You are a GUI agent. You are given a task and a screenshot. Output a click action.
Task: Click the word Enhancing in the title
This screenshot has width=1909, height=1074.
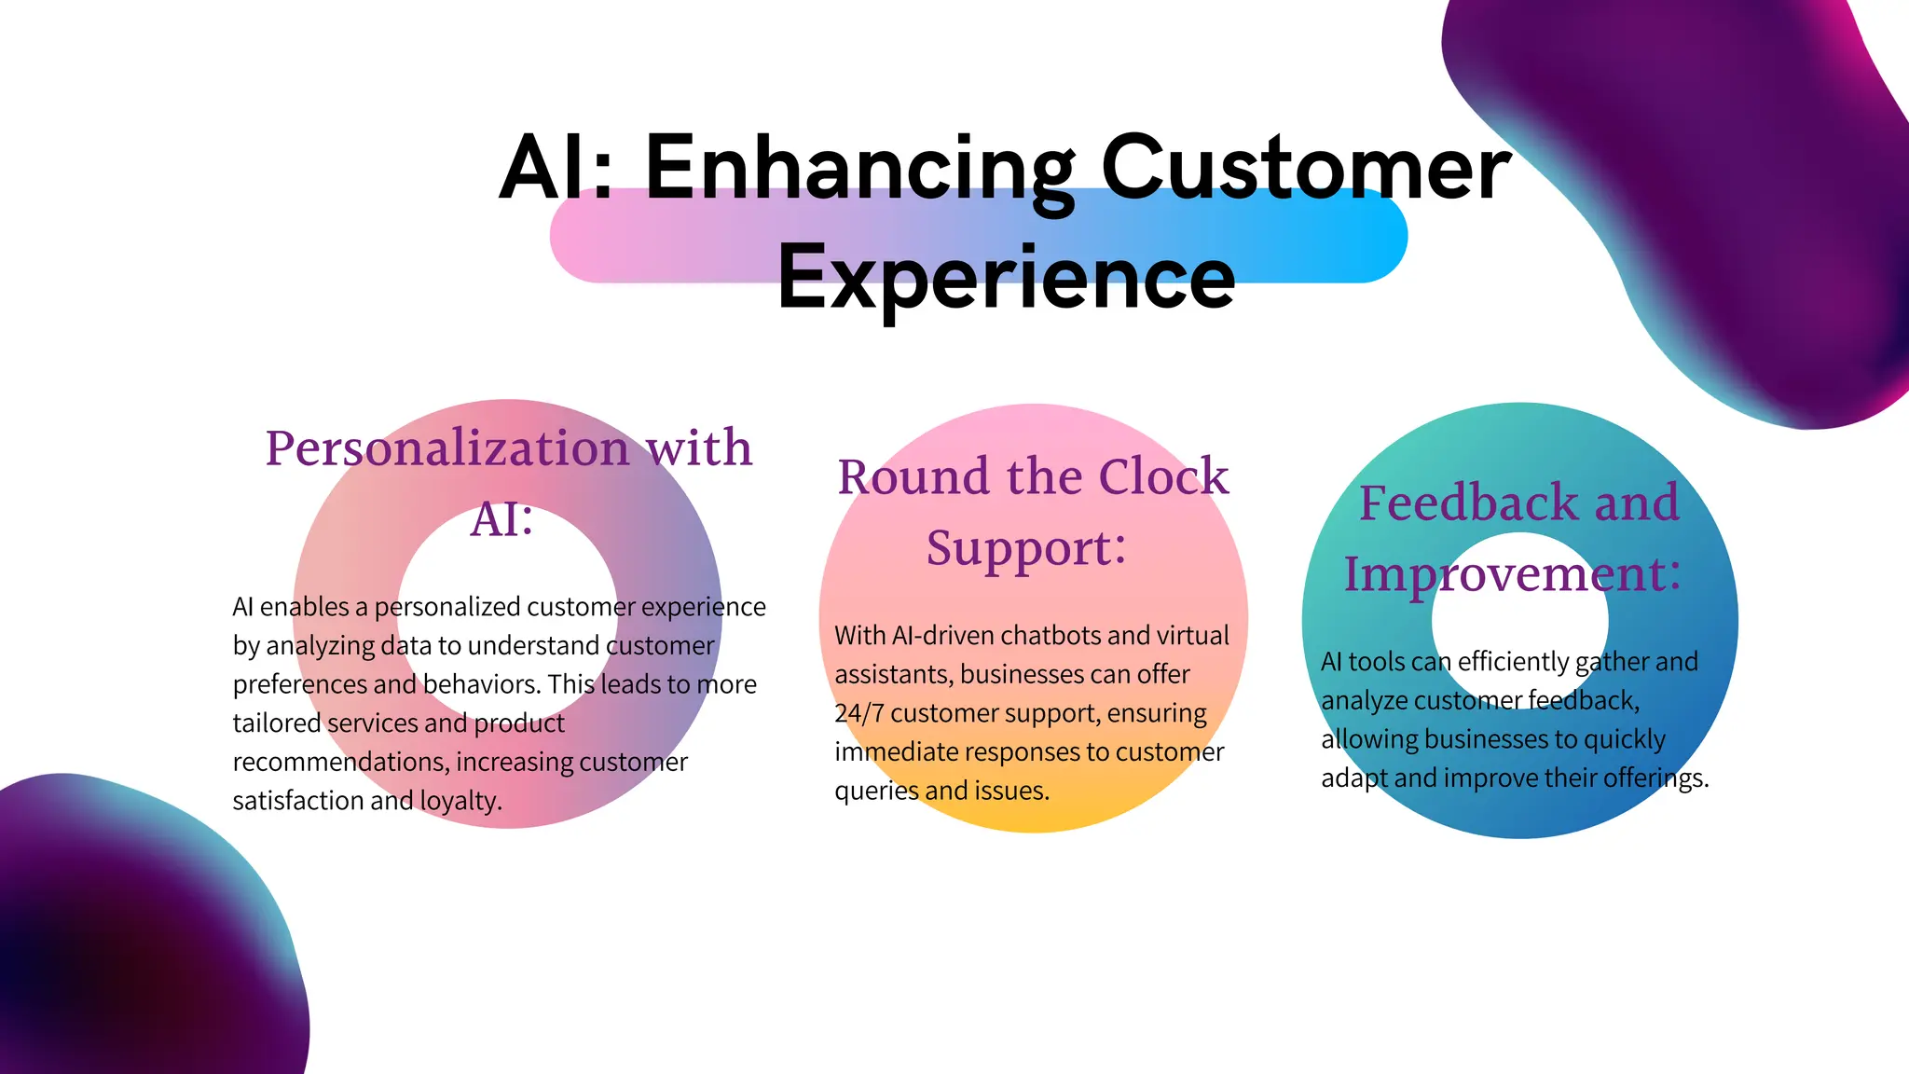859,168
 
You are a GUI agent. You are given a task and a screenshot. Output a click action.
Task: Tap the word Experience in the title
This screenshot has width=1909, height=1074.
1007,277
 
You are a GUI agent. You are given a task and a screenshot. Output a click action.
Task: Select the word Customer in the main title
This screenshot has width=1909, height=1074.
1306,168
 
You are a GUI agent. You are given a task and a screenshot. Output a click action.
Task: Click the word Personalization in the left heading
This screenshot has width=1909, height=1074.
448,448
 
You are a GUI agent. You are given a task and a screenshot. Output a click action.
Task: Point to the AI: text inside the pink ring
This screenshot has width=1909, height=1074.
502,519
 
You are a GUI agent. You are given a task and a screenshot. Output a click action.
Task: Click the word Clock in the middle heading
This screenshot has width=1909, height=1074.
1163,477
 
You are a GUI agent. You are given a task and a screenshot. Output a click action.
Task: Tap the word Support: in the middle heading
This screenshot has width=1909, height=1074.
1026,548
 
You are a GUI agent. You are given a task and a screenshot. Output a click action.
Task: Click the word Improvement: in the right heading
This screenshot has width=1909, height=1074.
1512,574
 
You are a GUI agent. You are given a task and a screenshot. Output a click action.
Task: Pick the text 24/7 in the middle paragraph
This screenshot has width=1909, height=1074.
858,713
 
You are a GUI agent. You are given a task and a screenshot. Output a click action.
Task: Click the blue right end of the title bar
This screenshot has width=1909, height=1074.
1370,235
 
